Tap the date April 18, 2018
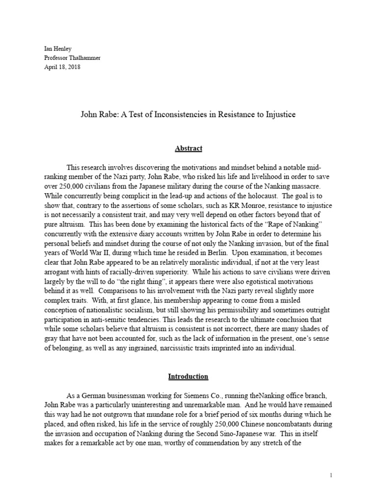(x=62, y=67)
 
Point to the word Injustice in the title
(x=277, y=115)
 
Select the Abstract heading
(x=188, y=148)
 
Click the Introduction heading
(x=188, y=376)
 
